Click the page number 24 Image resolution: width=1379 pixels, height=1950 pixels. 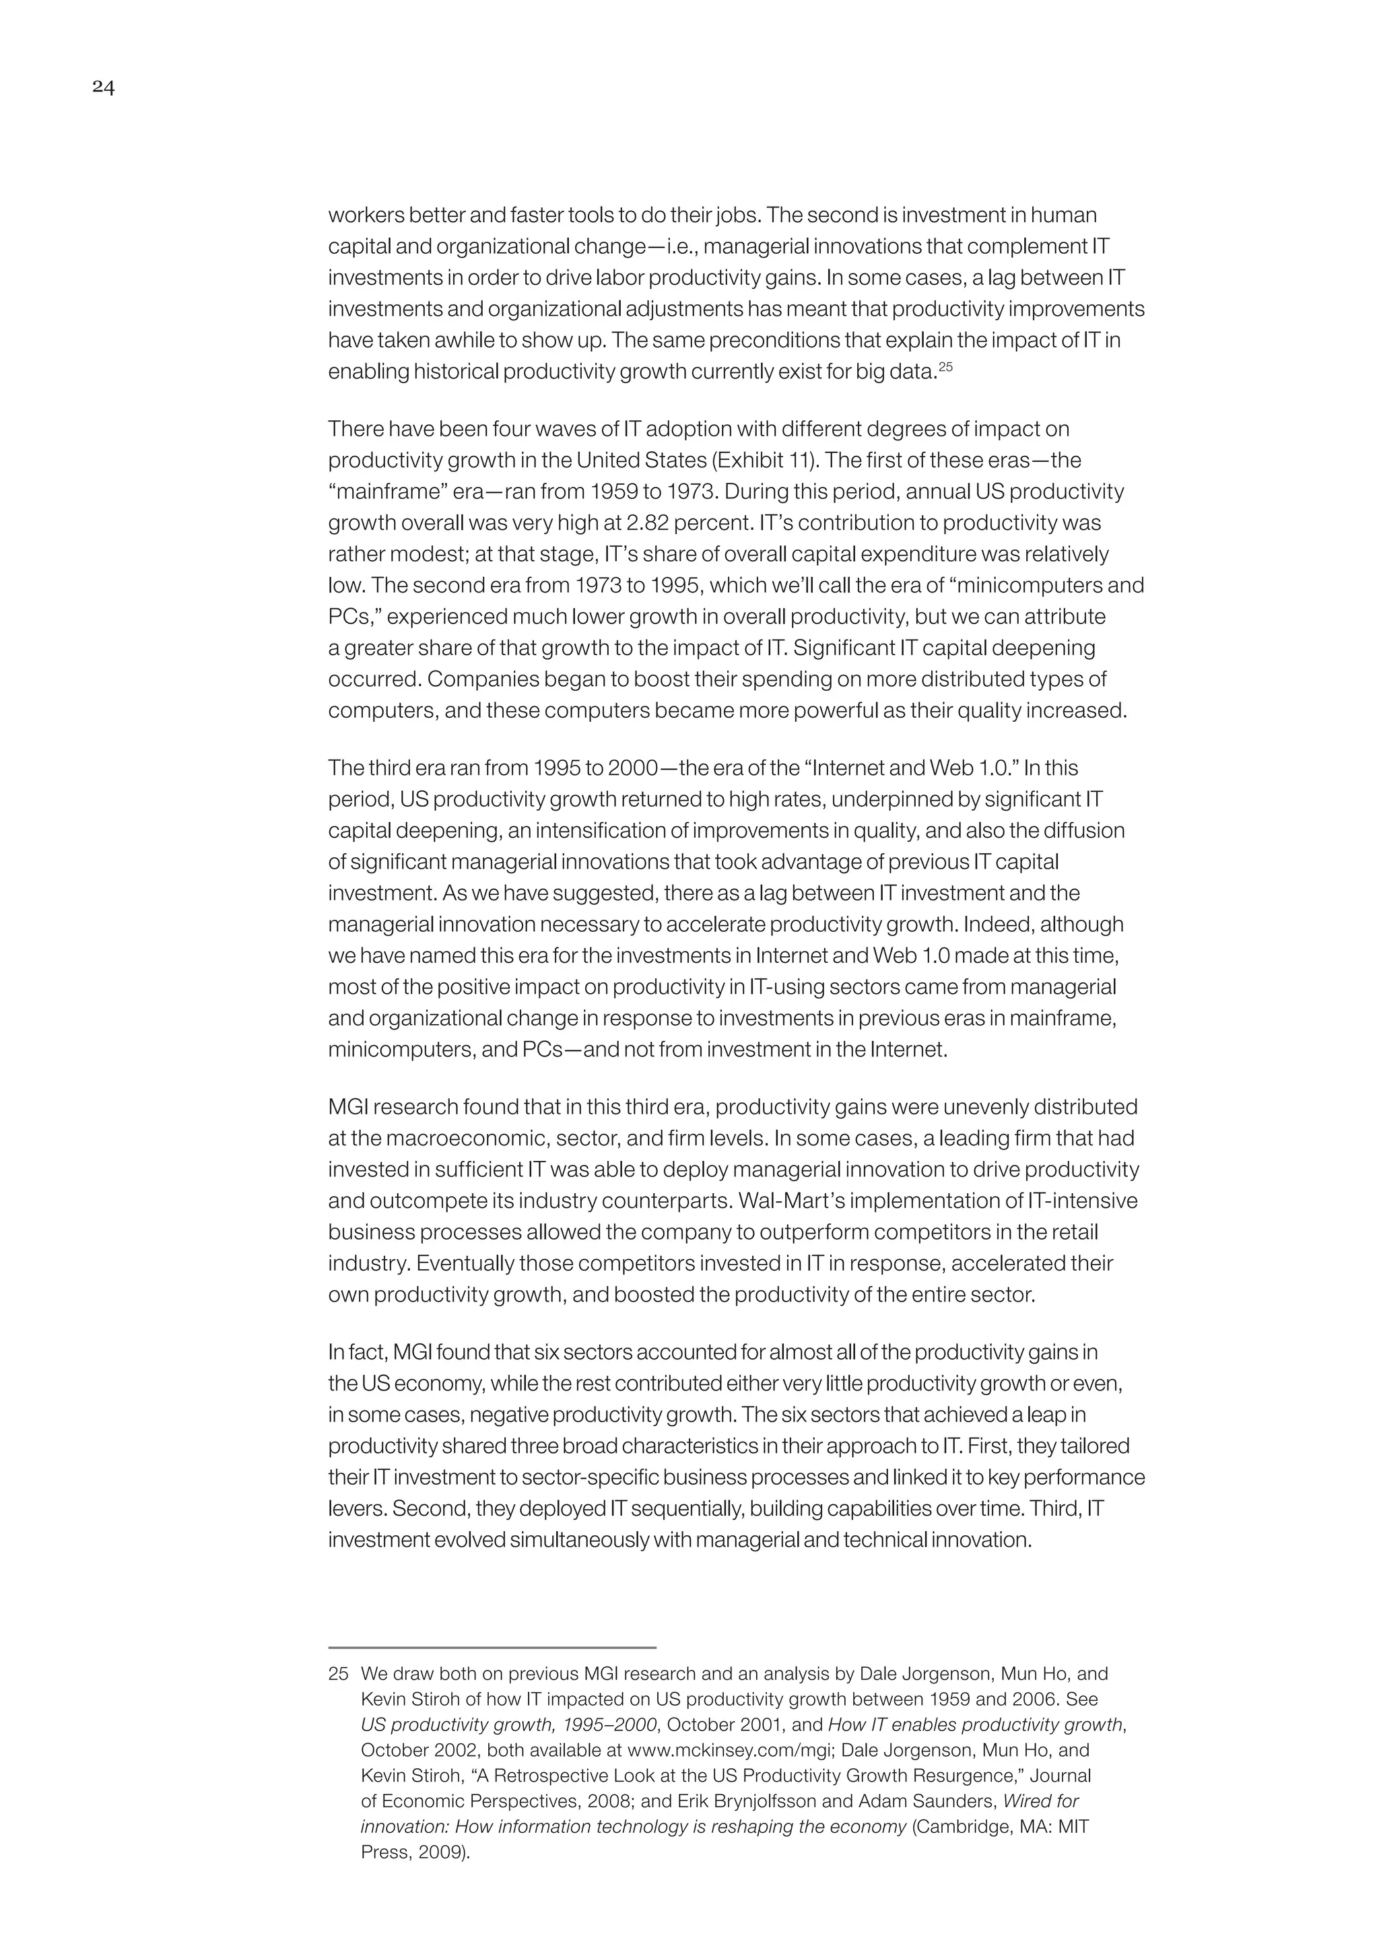[104, 88]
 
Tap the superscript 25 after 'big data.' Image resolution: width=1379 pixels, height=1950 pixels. [945, 367]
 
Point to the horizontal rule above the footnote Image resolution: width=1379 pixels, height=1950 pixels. [492, 1648]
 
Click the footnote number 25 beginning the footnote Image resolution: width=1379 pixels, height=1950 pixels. [338, 1674]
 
